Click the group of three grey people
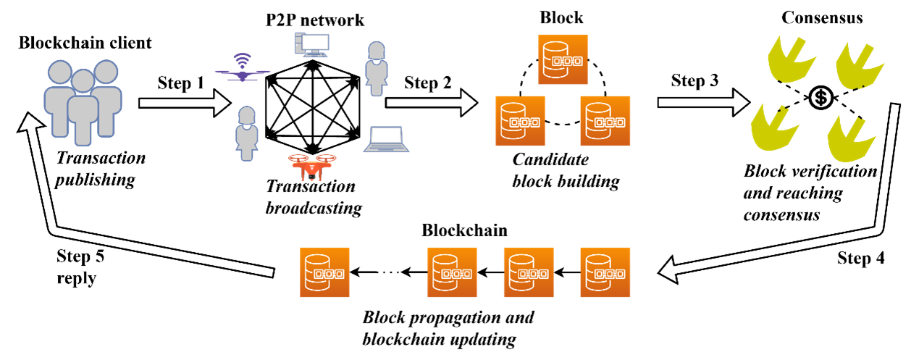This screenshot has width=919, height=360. coord(83,101)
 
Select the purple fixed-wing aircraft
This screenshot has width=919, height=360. coord(242,73)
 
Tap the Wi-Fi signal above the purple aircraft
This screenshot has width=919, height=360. coord(242,59)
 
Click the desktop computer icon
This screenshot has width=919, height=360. coord(312,45)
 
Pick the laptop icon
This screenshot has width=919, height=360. coord(386,139)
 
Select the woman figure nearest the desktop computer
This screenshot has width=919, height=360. coord(376,68)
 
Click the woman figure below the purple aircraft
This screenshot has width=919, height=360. coord(247,133)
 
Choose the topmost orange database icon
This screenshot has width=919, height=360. coord(562,59)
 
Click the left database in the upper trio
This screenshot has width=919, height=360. coord(520,121)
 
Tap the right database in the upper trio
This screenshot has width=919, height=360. coord(605,121)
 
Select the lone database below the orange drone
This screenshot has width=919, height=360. coord(324,272)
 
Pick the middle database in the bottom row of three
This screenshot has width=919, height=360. coord(528,272)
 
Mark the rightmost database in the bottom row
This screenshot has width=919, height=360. coord(605,272)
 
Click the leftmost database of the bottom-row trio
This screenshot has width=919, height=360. coord(452,272)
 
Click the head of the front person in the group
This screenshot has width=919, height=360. coord(83,81)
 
